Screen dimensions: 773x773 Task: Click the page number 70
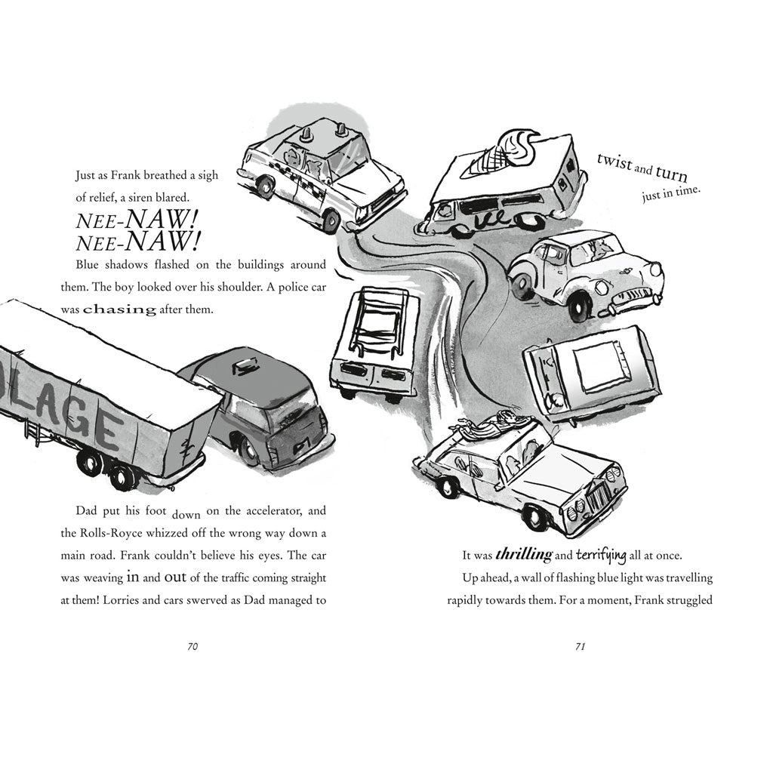pos(192,646)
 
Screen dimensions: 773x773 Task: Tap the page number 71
pos(581,646)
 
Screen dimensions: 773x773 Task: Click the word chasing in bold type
pos(119,310)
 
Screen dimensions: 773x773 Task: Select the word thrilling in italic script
pos(524,555)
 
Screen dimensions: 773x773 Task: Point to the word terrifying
pos(601,556)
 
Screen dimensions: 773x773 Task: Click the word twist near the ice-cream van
pos(614,162)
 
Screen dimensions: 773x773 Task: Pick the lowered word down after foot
pos(186,515)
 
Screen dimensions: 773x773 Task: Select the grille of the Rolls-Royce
pos(599,497)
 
